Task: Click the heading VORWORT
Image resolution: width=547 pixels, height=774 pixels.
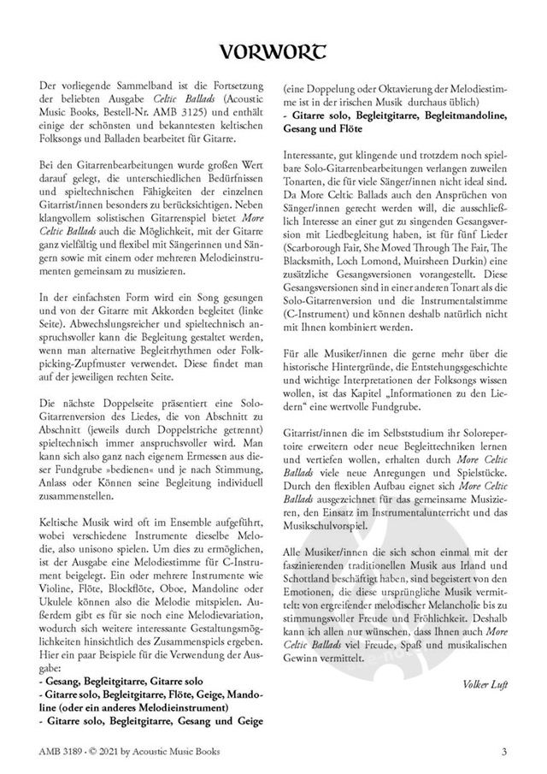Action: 273,53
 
